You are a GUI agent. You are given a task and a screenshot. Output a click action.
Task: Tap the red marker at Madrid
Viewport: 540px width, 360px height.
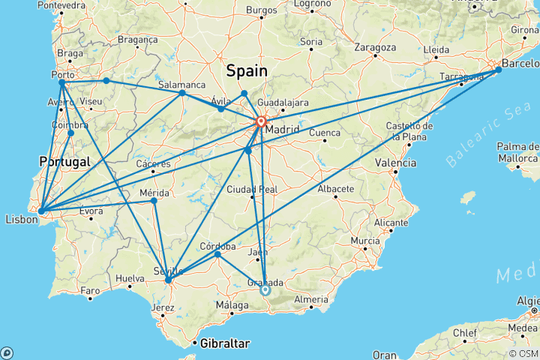(x=261, y=121)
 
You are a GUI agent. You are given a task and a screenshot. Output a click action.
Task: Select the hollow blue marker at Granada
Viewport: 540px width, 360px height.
(x=265, y=289)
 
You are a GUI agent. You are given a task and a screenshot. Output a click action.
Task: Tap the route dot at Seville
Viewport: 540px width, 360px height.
(x=168, y=281)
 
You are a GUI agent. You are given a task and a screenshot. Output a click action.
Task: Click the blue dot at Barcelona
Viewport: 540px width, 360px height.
(x=499, y=70)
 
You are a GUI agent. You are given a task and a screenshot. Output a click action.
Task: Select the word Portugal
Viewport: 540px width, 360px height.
(x=64, y=161)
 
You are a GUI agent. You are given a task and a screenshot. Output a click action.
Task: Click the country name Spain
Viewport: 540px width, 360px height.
(x=247, y=71)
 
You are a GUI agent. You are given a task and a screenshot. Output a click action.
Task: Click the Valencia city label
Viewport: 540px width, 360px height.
(x=396, y=163)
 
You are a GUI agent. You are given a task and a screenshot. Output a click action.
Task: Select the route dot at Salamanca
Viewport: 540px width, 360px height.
(x=182, y=93)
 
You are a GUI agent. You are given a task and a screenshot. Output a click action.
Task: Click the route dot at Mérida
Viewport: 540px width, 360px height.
(x=154, y=200)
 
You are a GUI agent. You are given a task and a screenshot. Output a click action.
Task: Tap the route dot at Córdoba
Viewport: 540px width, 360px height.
(x=217, y=254)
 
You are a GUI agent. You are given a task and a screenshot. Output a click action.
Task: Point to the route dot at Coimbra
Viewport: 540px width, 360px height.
(x=70, y=133)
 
